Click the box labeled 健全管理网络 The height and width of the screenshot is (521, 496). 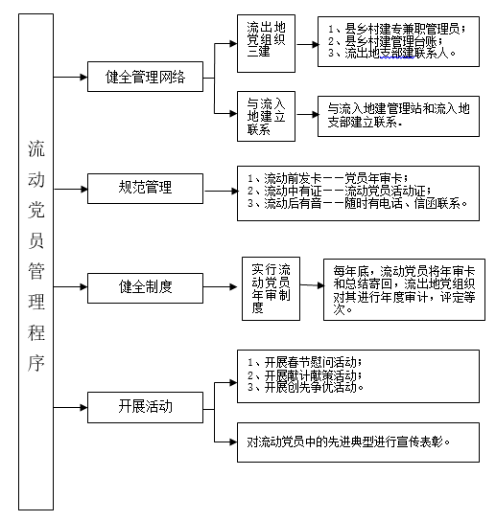[145, 77]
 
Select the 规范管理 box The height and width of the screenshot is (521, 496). [145, 189]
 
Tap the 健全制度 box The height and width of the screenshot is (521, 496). [145, 288]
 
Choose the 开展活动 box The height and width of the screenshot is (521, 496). [145, 407]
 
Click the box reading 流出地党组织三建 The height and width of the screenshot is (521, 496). [266, 43]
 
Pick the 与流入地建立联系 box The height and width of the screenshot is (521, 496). [266, 116]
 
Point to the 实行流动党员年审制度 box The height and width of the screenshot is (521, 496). [271, 288]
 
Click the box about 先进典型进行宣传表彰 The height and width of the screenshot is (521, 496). [358, 442]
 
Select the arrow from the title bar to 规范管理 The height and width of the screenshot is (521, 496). [70, 190]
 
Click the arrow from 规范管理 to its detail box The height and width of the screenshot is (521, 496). [221, 191]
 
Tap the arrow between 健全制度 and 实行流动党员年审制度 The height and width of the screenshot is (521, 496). [220, 286]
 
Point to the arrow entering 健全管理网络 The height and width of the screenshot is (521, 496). [70, 77]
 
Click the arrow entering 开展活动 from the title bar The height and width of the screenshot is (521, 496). [70, 407]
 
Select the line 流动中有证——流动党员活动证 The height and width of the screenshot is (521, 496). [340, 191]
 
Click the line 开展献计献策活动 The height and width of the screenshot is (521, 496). [304, 375]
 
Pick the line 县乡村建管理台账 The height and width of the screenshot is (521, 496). [385, 41]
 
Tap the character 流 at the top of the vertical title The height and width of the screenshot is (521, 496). [35, 148]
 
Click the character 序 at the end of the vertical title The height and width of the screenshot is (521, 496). [35, 363]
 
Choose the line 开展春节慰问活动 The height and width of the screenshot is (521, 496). [304, 363]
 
